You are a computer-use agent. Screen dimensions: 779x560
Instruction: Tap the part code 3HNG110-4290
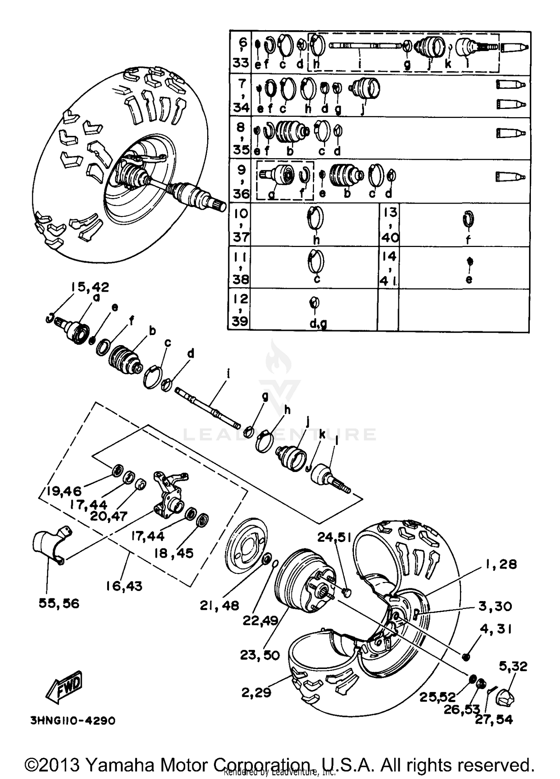pyautogui.click(x=73, y=720)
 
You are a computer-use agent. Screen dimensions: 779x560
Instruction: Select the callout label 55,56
pyautogui.click(x=59, y=603)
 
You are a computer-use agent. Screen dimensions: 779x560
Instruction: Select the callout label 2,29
pyautogui.click(x=256, y=692)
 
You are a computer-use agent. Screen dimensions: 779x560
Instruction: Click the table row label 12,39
pyautogui.click(x=240, y=309)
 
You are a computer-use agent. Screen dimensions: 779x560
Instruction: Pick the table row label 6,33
pyautogui.click(x=240, y=52)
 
